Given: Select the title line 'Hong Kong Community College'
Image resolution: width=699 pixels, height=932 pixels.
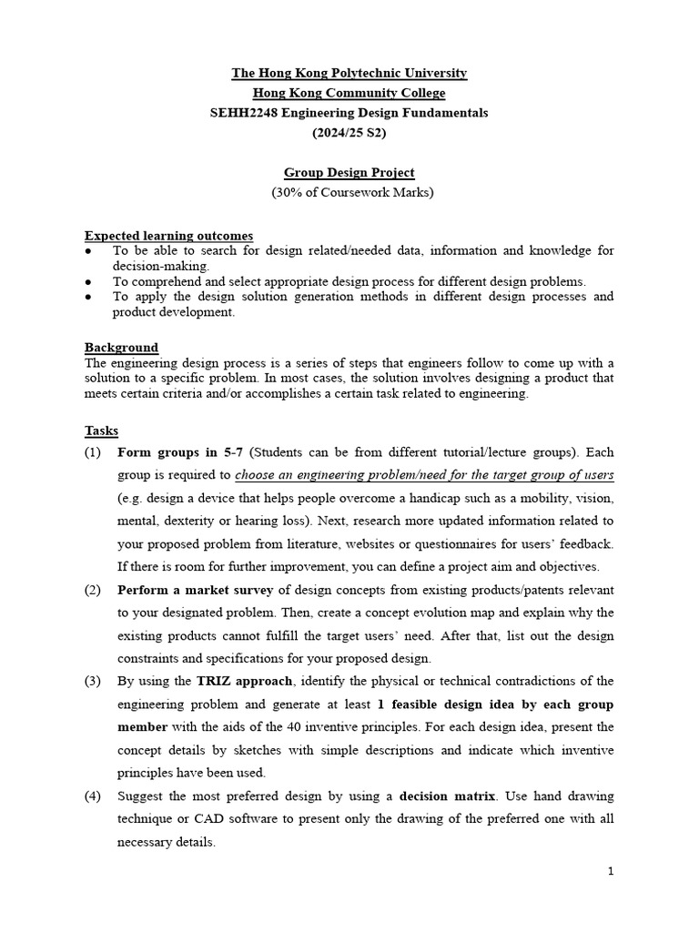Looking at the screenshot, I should pos(349,93).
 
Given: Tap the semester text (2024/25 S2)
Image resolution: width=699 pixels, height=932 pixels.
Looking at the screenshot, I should pos(349,133).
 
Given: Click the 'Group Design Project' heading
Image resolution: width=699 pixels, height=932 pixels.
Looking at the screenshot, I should pos(349,172).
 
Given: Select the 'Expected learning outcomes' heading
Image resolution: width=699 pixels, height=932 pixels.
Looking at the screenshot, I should pos(168,235).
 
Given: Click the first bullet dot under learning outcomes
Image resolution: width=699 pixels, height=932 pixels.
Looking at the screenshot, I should pos(88,250).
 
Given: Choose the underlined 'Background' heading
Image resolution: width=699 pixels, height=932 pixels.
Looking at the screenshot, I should pos(121,347).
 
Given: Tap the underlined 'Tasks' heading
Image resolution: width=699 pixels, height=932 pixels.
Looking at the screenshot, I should pos(101,431).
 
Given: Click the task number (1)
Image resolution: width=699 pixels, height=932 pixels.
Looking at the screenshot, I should pos(93,452).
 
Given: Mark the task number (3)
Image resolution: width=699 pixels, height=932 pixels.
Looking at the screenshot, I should pos(93,681).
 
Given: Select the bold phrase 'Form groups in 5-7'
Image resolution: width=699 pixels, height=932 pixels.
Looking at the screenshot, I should pos(181,452).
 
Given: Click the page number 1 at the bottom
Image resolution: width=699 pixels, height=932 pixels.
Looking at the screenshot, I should pos(611,871).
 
